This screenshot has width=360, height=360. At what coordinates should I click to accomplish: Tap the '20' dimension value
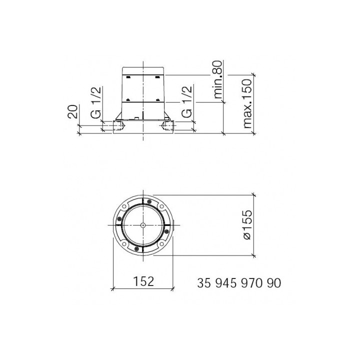pyautogui.click(x=73, y=111)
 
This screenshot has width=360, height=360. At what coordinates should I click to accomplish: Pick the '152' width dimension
pyautogui.click(x=143, y=281)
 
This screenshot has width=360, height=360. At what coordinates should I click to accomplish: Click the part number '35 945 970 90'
pyautogui.click(x=239, y=282)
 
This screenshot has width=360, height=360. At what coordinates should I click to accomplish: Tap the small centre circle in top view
pyautogui.click(x=143, y=225)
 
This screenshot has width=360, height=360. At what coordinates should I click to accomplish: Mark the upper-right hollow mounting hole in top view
pyautogui.click(x=161, y=207)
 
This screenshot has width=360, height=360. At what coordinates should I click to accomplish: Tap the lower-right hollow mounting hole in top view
pyautogui.click(x=161, y=243)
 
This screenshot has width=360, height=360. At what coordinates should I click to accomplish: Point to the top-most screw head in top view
pyautogui.click(x=149, y=201)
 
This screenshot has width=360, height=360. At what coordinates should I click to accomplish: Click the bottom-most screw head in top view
pyautogui.click(x=137, y=248)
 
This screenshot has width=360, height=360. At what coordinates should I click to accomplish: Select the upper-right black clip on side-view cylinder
pyautogui.click(x=157, y=76)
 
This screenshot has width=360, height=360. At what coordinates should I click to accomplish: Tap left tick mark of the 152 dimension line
pyautogui.click(x=113, y=288)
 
